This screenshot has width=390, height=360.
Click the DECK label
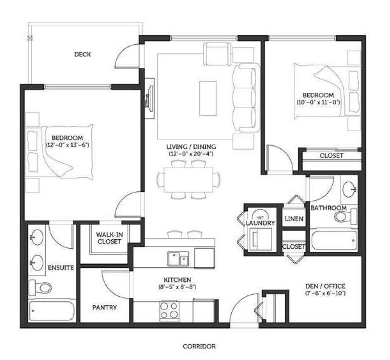(83, 54)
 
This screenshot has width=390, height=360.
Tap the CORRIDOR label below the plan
(199, 346)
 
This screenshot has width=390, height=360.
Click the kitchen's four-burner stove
(169, 310)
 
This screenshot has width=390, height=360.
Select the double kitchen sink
(178, 259)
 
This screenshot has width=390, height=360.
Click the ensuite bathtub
(52, 311)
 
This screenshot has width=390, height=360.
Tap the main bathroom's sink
(349, 189)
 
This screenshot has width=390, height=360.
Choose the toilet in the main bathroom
(345, 217)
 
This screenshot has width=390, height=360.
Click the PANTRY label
(104, 308)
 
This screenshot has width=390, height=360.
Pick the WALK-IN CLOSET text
(109, 238)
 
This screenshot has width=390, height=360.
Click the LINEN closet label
(294, 219)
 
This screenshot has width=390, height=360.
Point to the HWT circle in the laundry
(261, 215)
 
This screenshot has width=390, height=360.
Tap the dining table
(188, 180)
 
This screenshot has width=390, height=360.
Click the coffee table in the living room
(208, 98)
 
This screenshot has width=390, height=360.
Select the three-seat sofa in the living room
(246, 98)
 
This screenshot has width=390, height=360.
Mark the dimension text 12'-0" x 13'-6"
(67, 145)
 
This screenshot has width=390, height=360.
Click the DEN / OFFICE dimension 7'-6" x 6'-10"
(325, 293)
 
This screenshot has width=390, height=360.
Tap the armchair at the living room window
(217, 53)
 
